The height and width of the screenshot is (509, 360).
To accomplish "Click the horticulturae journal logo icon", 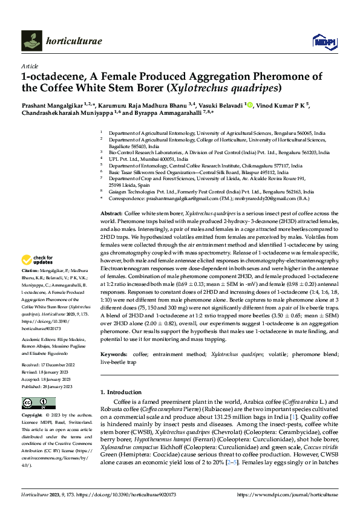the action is pyautogui.click(x=31, y=41).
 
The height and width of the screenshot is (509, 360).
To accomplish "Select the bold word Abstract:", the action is pyautogui.click(x=111, y=214).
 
